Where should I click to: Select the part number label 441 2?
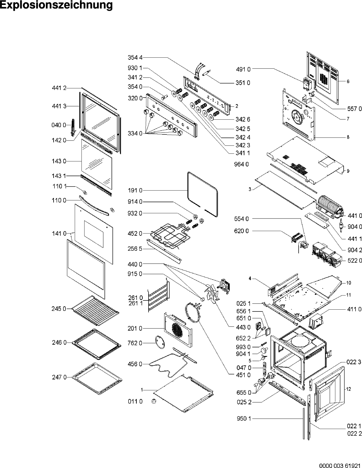point(59,88)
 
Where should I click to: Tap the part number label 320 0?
point(135,98)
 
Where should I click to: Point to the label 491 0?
point(243,69)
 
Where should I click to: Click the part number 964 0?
point(241,164)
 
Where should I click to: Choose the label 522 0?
point(355,261)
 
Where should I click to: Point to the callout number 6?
point(348,82)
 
